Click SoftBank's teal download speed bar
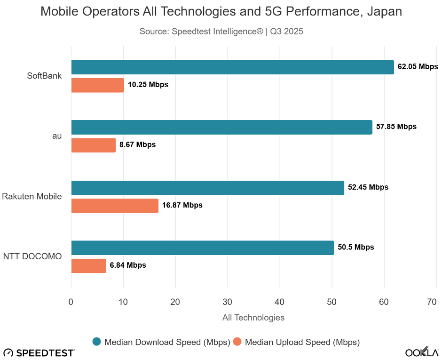click(x=232, y=67)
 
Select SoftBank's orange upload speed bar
click(x=97, y=85)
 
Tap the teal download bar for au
click(x=221, y=127)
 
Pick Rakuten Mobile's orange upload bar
click(x=115, y=206)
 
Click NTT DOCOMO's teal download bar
click(x=202, y=248)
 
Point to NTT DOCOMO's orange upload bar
click(x=88, y=266)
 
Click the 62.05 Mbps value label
click(x=418, y=67)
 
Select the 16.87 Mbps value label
click(x=182, y=205)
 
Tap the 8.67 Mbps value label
click(x=137, y=145)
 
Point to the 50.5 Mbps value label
click(x=356, y=247)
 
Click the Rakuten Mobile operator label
click(x=32, y=196)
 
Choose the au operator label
click(x=57, y=136)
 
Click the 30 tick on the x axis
click(x=228, y=302)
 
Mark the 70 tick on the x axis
click(x=432, y=302)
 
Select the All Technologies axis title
click(x=253, y=318)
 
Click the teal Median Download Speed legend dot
click(x=97, y=342)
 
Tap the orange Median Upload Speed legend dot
click(x=237, y=342)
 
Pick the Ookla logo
click(x=422, y=352)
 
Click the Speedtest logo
click(x=39, y=352)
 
